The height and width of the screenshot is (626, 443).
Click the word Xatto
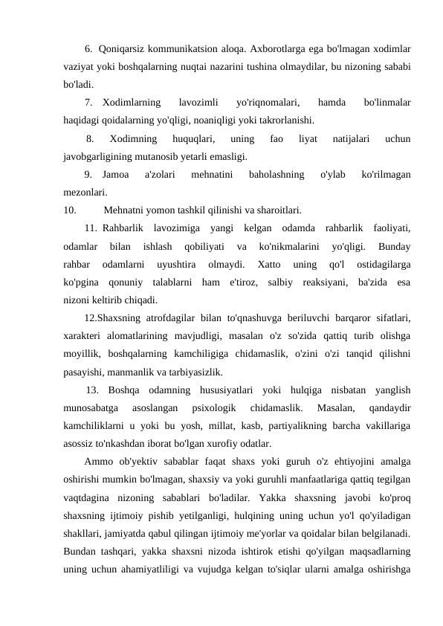(x=265, y=265)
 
